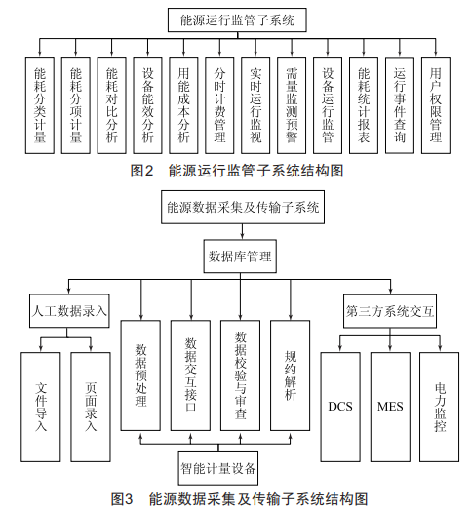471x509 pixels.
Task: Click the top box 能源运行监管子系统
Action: click(237, 20)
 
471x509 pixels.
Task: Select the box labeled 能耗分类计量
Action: click(40, 105)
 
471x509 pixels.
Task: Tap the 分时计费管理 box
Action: click(219, 105)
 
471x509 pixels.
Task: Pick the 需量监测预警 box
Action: click(292, 105)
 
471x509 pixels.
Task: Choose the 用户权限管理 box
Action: click(436, 105)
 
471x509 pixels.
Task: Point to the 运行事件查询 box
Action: click(400, 105)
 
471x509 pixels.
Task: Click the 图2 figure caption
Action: click(237, 171)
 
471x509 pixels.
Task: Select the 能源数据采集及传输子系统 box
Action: click(243, 207)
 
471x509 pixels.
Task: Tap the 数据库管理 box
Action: click(240, 256)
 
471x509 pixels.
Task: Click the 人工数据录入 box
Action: click(69, 311)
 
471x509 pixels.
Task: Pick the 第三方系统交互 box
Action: click(390, 311)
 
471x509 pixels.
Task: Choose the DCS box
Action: click(340, 407)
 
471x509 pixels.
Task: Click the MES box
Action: click(390, 407)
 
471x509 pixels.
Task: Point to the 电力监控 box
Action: click(440, 407)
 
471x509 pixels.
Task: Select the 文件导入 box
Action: click(41, 407)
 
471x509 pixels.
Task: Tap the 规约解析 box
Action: click(291, 375)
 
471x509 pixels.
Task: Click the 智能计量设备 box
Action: click(218, 468)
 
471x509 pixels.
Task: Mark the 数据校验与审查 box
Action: click(240, 375)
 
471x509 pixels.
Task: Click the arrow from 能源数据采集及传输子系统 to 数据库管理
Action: click(243, 232)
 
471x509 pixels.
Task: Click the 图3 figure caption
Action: click(239, 499)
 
